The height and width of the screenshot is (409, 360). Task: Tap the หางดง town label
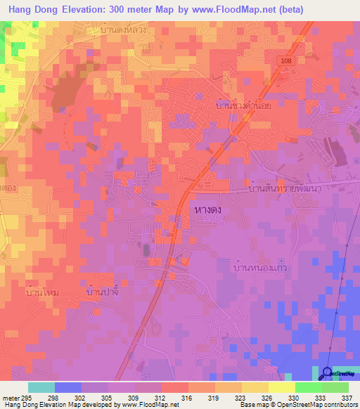tap(208, 210)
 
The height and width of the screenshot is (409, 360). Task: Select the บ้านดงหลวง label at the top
tap(123, 32)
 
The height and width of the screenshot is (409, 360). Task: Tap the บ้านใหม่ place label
tap(41, 291)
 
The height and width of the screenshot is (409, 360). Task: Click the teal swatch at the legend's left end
tap(41, 387)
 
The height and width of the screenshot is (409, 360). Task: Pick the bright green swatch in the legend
tap(308, 387)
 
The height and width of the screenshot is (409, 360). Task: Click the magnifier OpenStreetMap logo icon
tap(327, 373)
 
